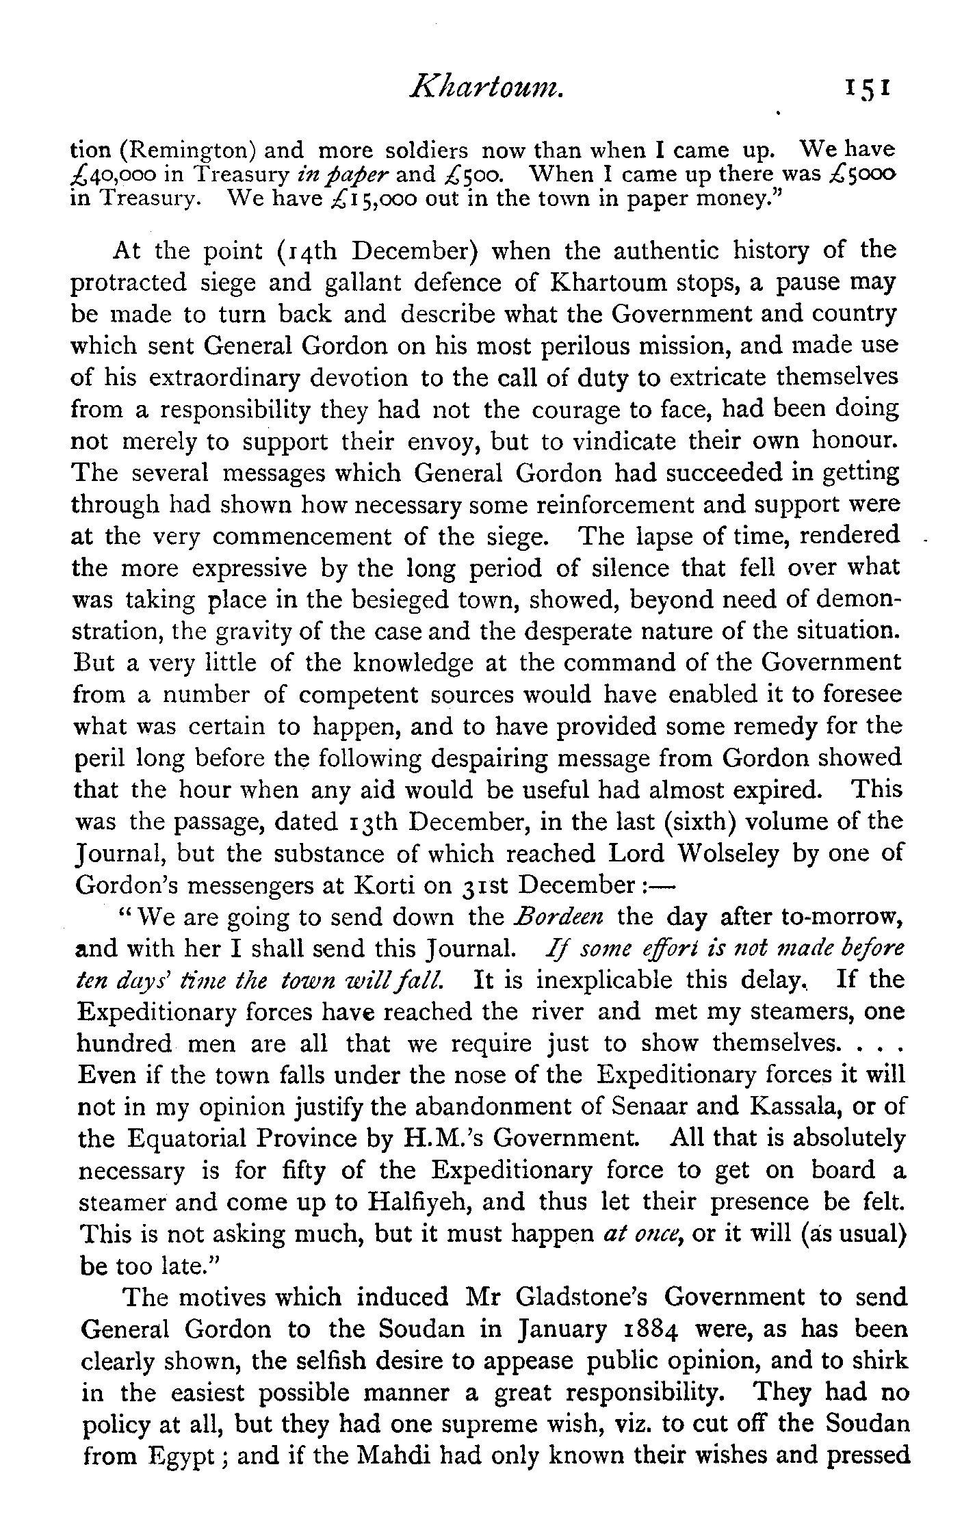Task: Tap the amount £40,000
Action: coord(117,174)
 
